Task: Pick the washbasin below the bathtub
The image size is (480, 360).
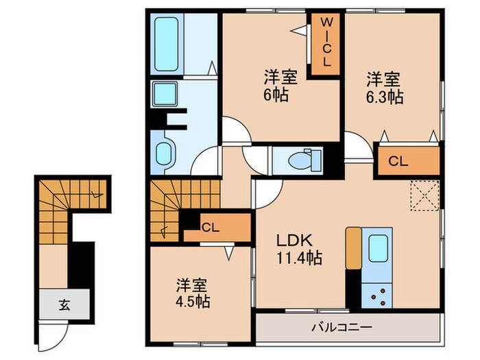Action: pos(165,93)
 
